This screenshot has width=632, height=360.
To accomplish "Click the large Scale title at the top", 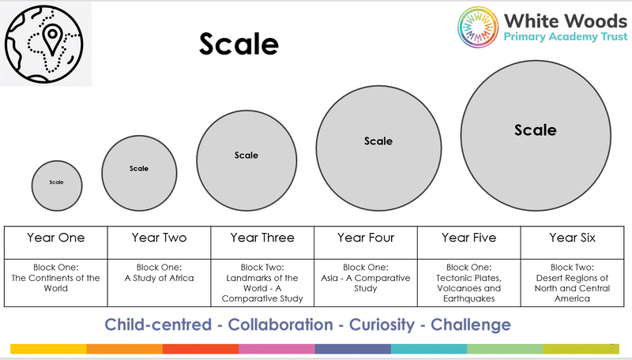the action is (239, 43).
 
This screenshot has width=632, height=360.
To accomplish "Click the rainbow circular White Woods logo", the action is (478, 27).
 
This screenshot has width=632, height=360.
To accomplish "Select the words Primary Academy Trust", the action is (566, 36).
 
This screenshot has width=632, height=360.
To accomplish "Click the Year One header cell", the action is (55, 242).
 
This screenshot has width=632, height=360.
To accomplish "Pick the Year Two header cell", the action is (160, 242).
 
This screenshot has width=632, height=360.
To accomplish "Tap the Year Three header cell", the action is (262, 242).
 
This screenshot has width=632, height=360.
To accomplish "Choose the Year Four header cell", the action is (366, 242).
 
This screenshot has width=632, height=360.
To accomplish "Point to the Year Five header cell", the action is (468, 242).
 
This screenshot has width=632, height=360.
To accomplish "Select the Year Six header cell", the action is (572, 242).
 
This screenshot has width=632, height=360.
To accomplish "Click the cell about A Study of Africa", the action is (160, 283).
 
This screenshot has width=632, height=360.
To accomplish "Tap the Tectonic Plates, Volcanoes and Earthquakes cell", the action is (468, 283).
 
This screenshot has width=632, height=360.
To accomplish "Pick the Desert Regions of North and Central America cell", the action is (572, 283).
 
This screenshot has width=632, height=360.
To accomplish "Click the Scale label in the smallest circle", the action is (56, 182).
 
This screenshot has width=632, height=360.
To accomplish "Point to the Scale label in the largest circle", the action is (536, 130).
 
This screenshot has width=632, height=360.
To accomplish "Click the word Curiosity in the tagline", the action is (382, 324).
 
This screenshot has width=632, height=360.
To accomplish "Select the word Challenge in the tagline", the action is (471, 324).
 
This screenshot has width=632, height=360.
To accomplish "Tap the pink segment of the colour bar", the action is (277, 349).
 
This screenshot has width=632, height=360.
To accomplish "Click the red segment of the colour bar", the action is (201, 349).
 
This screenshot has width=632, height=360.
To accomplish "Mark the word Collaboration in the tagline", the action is (280, 324).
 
